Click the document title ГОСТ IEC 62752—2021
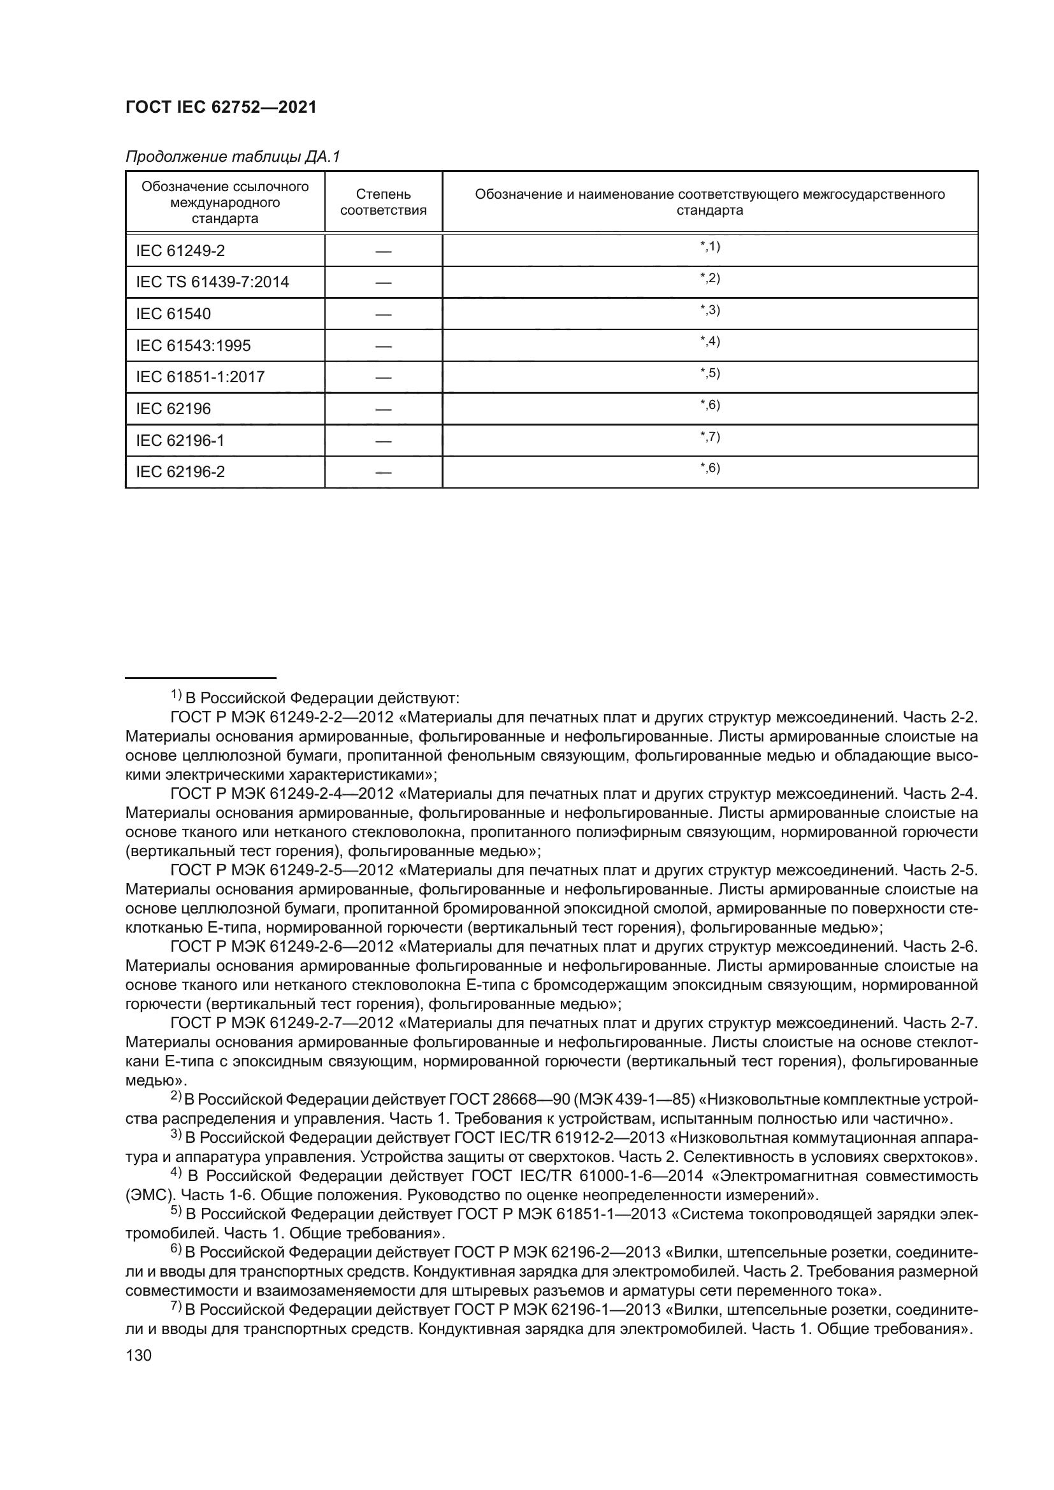coord(220,108)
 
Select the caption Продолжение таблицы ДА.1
coord(233,157)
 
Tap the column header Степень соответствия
coord(383,202)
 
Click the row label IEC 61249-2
coord(180,250)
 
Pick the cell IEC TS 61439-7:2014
coord(212,282)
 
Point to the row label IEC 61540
coord(173,314)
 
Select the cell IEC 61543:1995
coord(194,345)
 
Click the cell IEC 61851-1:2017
coord(200,377)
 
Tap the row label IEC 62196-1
coord(180,441)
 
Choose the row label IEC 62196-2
coord(180,472)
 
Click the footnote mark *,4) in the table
coord(710,341)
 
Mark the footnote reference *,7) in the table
coord(710,437)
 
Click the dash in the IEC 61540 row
coord(383,315)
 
